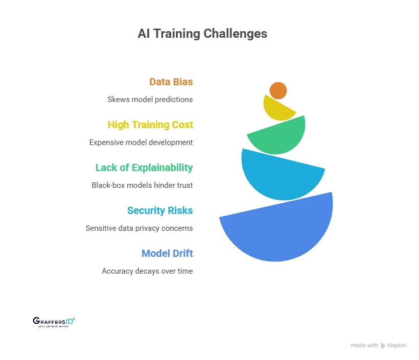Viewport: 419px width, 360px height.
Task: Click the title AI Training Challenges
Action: (202, 34)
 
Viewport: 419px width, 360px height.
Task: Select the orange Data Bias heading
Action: (171, 82)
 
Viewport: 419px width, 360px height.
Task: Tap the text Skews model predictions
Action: (150, 100)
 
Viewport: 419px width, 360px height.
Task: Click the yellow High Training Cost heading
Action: (150, 125)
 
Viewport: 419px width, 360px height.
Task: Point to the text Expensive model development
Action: (141, 142)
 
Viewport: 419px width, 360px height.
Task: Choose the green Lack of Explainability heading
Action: (144, 167)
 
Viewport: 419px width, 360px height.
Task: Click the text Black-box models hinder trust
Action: (142, 185)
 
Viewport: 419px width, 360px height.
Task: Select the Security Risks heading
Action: (160, 210)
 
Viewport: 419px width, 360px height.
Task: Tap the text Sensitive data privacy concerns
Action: (139, 228)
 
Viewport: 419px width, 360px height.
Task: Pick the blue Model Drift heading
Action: (167, 253)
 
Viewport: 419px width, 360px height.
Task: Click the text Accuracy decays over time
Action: (147, 271)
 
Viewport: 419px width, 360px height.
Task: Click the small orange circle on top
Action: (278, 90)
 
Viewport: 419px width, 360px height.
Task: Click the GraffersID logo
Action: (54, 321)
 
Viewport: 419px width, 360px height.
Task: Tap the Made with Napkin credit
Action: (378, 346)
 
